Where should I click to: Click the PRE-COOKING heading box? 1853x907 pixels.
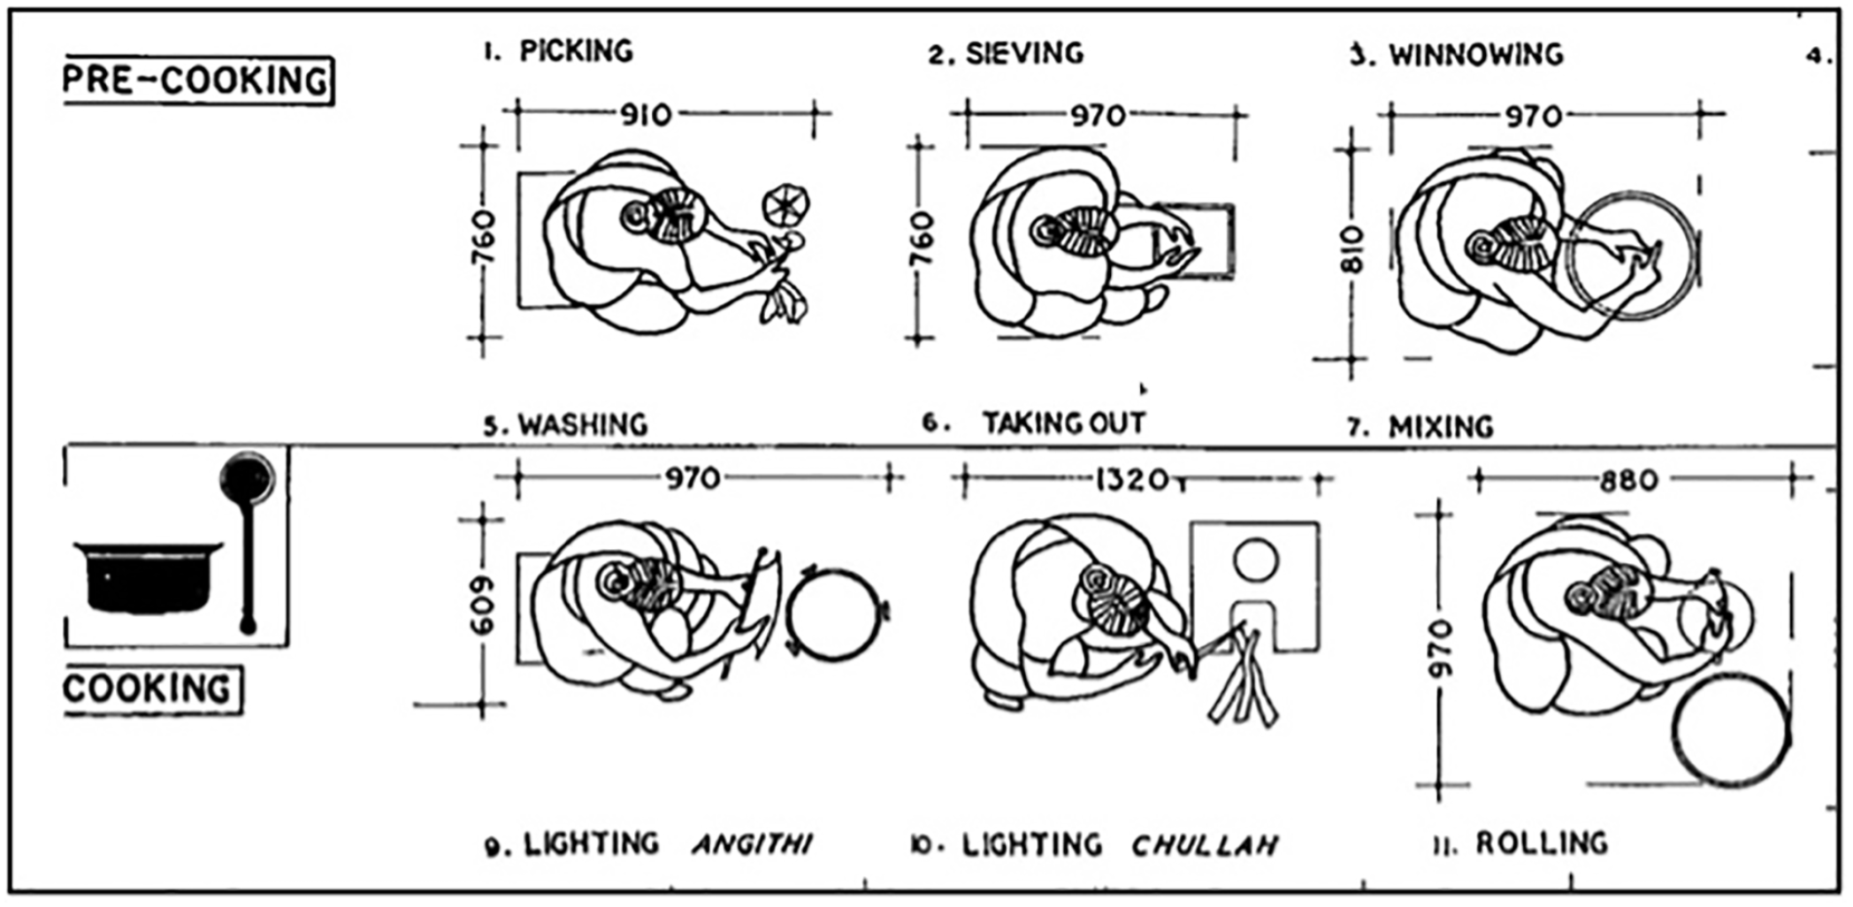point(198,80)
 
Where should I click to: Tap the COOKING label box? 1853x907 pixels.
point(152,690)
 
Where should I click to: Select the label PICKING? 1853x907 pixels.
point(576,51)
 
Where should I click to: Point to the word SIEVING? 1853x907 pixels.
point(1024,53)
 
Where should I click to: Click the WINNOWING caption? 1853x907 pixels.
point(1475,55)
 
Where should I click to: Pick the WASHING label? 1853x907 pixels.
point(582,425)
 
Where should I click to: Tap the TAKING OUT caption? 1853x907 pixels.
point(1064,423)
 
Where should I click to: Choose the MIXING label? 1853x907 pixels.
point(1441,427)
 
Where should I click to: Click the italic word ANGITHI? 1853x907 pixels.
point(752,844)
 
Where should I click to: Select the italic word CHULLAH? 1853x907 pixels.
point(1206,845)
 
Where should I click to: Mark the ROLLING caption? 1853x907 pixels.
point(1542,843)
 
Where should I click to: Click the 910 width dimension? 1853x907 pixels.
point(646,115)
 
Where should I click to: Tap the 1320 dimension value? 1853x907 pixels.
point(1132,480)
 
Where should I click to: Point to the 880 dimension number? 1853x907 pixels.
point(1629,481)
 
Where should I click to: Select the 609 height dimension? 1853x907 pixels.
point(483,606)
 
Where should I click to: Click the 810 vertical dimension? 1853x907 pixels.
point(1353,250)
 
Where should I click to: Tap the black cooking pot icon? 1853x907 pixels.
point(148,575)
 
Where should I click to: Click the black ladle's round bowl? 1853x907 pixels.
point(247,476)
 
